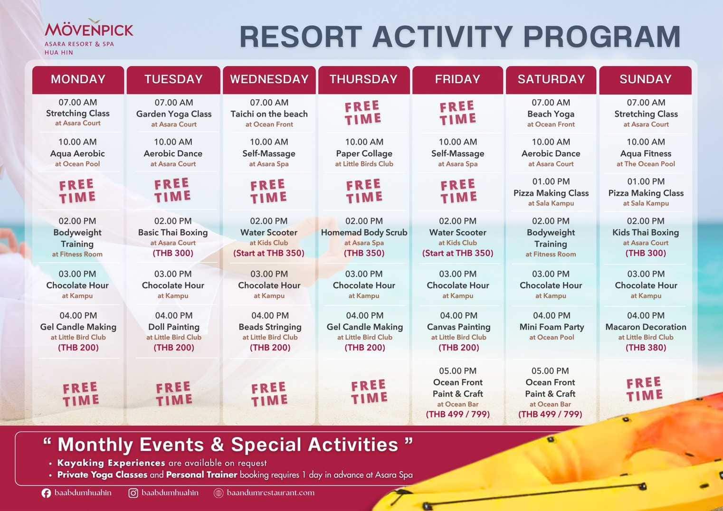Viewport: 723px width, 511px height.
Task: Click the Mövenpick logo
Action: pyautogui.click(x=89, y=37)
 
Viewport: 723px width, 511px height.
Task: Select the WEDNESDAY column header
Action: pyautogui.click(x=269, y=79)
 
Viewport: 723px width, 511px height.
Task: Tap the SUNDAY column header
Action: pyautogui.click(x=646, y=79)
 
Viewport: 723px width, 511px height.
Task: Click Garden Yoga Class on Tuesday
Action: pyautogui.click(x=174, y=114)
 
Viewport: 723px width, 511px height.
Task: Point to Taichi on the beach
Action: pyautogui.click(x=269, y=114)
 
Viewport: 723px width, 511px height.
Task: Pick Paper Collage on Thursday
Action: pyautogui.click(x=364, y=153)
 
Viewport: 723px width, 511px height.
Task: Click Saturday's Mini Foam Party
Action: pyautogui.click(x=552, y=327)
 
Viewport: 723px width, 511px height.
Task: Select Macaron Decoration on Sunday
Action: pyautogui.click(x=646, y=327)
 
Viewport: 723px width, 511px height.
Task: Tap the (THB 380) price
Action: pyautogui.click(x=646, y=348)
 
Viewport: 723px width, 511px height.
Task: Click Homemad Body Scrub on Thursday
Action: pyautogui.click(x=364, y=233)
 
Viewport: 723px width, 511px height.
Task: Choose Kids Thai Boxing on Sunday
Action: pyautogui.click(x=646, y=233)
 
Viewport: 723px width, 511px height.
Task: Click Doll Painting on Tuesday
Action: pyautogui.click(x=174, y=327)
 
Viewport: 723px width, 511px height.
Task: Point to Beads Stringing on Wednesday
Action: pyautogui.click(x=270, y=327)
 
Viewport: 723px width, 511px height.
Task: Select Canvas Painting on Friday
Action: pyautogui.click(x=459, y=327)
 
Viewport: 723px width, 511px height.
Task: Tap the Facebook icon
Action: pyautogui.click(x=46, y=493)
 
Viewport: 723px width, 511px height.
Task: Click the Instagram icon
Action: pyautogui.click(x=133, y=493)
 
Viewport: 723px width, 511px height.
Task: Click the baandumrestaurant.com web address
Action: pyautogui.click(x=270, y=493)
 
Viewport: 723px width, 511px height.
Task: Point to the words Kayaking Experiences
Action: pyautogui.click(x=111, y=463)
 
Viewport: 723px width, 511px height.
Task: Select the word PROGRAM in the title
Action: pyautogui.click(x=602, y=37)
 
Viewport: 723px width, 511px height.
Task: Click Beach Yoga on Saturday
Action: pyautogui.click(x=551, y=114)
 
